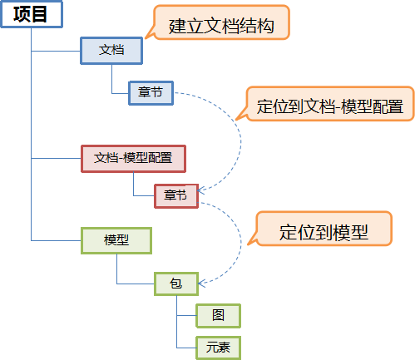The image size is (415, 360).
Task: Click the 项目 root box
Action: click(32, 14)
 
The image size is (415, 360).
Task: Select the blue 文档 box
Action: click(111, 51)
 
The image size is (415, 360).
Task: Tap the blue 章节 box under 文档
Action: click(151, 93)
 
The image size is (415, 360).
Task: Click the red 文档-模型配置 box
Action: click(133, 159)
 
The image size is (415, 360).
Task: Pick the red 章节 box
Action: click(176, 196)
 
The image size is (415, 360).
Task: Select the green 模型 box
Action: click(116, 240)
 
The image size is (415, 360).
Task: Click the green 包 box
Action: click(176, 284)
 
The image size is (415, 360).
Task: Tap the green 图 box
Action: click(218, 316)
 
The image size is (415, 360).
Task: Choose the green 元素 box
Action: click(218, 348)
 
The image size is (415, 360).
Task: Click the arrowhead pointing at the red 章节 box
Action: click(201, 190)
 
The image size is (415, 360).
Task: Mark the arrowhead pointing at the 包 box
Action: click(201, 284)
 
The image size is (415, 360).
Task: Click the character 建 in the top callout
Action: click(177, 27)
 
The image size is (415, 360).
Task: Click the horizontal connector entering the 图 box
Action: click(186, 315)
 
